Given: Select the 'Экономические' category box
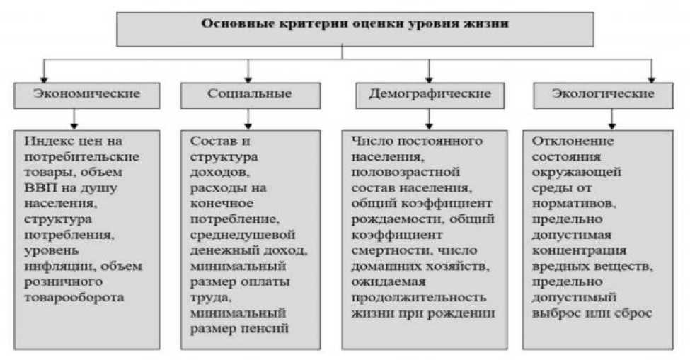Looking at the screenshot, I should [87, 94].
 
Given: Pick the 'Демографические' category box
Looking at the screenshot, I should [430, 94].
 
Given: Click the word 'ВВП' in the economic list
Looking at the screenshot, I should [38, 187].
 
